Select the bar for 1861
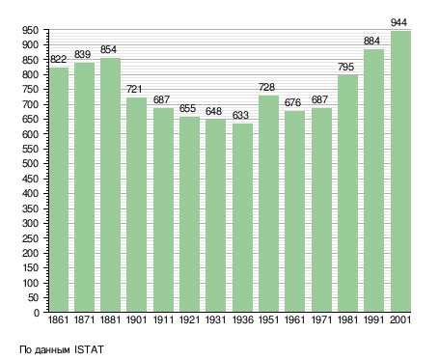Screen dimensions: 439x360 (x=59, y=189)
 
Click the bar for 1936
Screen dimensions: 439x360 (x=242, y=217)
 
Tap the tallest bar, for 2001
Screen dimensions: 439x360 (x=400, y=172)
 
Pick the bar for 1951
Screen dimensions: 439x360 (x=268, y=204)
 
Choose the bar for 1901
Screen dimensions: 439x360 (x=136, y=205)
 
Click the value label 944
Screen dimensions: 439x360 (x=398, y=22)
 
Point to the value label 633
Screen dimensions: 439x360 (x=240, y=115)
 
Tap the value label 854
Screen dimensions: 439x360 (x=108, y=49)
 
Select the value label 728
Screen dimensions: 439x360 (x=266, y=87)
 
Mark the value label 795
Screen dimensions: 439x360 (x=345, y=67)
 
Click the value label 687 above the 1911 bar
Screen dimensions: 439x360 (x=161, y=99)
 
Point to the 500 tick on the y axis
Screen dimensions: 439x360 (x=31, y=164)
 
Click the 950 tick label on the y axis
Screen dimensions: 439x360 (x=31, y=31)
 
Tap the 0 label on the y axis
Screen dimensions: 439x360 (x=37, y=313)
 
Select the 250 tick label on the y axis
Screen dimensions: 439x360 (x=31, y=238)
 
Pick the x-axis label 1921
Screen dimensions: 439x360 (x=189, y=320)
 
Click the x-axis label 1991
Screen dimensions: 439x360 (x=374, y=320)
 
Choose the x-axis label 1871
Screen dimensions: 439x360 (x=84, y=320)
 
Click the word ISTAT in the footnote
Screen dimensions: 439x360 (x=89, y=349)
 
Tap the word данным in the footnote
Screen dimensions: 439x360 (x=52, y=350)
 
